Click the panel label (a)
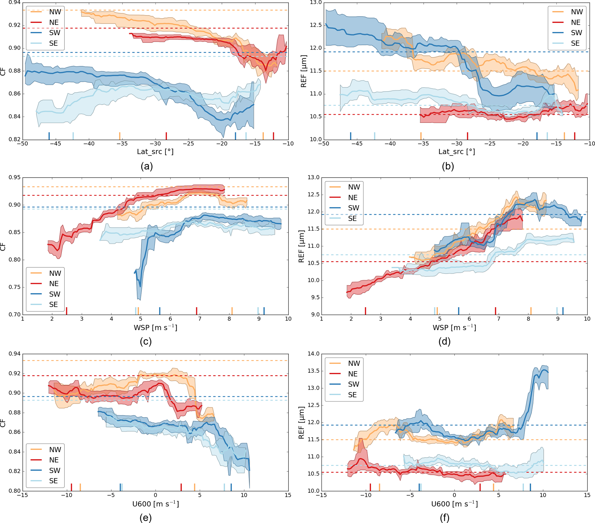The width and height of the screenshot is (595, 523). (147, 166)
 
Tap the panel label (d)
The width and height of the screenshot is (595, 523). (444, 341)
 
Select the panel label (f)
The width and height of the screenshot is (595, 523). (444, 518)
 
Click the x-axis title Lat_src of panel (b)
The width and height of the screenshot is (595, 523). (457, 152)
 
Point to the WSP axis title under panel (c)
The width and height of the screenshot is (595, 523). (155, 328)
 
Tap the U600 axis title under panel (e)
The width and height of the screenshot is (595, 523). (155, 504)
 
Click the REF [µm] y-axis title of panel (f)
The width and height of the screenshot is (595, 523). (302, 423)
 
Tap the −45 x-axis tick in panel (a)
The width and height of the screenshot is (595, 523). (56, 144)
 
